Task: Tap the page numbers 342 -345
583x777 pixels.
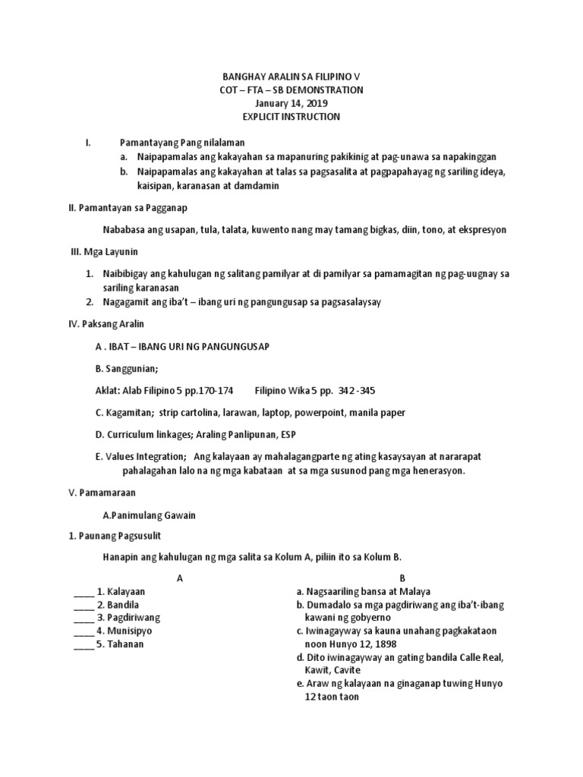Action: [x=356, y=390]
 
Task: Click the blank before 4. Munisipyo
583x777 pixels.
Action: [x=83, y=631]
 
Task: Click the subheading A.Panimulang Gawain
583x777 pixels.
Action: [x=149, y=515]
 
